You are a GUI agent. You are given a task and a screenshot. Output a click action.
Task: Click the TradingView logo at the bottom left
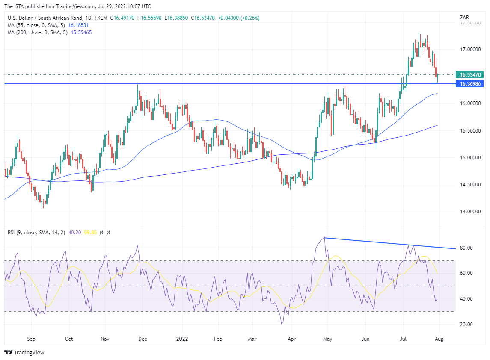click(x=24, y=353)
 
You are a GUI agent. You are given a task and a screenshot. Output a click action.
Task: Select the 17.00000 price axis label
click(x=468, y=50)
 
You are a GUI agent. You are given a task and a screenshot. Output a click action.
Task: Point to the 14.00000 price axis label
click(x=468, y=212)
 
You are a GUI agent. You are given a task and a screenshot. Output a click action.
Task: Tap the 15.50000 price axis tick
click(x=468, y=131)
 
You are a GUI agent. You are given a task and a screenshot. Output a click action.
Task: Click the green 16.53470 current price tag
click(x=469, y=74)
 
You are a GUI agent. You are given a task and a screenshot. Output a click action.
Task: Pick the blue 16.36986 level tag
click(x=469, y=84)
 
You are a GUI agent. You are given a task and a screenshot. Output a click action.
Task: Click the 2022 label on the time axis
click(x=182, y=339)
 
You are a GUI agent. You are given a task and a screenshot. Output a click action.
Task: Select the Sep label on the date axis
click(x=31, y=339)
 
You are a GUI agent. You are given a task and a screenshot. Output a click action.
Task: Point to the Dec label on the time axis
click(x=143, y=339)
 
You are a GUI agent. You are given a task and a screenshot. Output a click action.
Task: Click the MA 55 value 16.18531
click(x=80, y=25)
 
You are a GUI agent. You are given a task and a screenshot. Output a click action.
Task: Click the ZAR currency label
click(x=464, y=18)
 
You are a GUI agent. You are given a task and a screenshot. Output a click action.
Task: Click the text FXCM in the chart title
click(x=101, y=18)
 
